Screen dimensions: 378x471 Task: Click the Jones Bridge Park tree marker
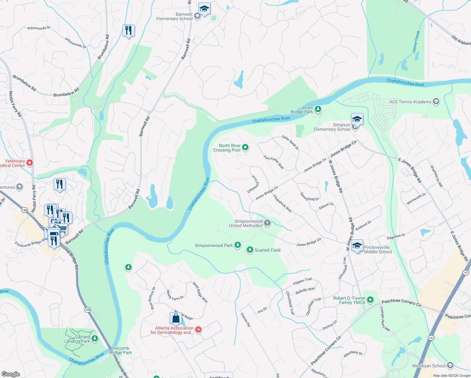tap(318, 109)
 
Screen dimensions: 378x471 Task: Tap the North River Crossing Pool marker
tap(245, 147)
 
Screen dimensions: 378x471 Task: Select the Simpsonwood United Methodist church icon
tap(267, 223)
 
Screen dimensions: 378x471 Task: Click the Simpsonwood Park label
tap(214, 245)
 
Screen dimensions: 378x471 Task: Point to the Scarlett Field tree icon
tap(250, 250)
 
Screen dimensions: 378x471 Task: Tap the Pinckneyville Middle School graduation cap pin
tap(357, 246)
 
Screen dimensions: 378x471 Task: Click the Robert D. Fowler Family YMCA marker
tap(370, 300)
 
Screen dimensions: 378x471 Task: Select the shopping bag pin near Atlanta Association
tap(176, 318)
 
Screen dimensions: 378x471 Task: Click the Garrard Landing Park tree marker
tap(95, 339)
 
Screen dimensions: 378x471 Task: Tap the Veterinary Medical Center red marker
tap(30, 163)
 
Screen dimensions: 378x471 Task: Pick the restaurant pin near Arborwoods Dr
tap(128, 31)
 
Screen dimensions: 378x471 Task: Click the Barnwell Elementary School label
tap(174, 16)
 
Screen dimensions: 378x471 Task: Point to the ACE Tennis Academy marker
tap(436, 101)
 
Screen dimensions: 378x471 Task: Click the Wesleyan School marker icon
tap(450, 365)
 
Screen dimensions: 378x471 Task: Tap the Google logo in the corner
tap(10, 374)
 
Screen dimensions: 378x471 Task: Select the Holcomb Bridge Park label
tap(120, 350)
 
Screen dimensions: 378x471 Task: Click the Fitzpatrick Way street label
tap(282, 203)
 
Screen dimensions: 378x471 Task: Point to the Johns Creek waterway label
tap(416, 42)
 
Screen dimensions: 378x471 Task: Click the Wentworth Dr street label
tap(416, 199)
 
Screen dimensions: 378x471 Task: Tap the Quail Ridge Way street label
tap(200, 292)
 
